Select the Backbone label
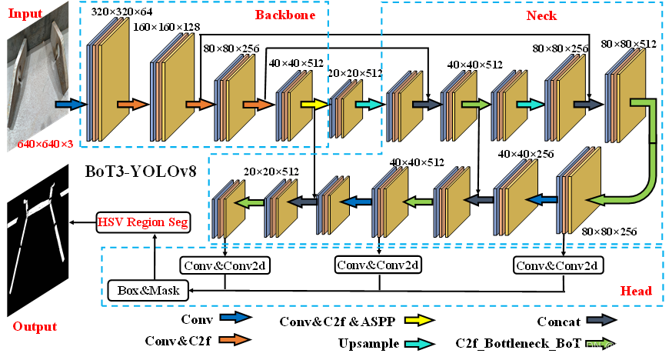click(x=285, y=15)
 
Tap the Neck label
click(x=541, y=15)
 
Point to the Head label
click(x=636, y=291)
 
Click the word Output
click(x=35, y=326)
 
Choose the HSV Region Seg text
click(x=142, y=222)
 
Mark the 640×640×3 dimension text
click(x=45, y=144)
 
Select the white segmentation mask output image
click(x=37, y=235)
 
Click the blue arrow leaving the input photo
click(x=68, y=104)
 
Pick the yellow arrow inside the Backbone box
click(x=314, y=105)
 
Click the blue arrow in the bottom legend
click(x=235, y=317)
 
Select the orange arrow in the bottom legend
click(x=234, y=339)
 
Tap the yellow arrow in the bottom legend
click(x=418, y=320)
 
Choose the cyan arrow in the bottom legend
click(x=418, y=344)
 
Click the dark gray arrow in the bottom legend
click(x=600, y=319)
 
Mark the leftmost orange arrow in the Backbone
click(x=131, y=104)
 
